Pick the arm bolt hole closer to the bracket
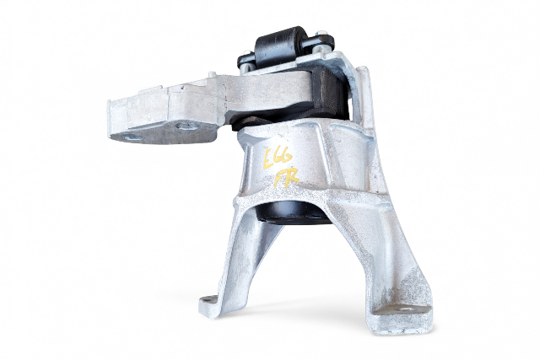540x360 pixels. pyautogui.click(x=184, y=126)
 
